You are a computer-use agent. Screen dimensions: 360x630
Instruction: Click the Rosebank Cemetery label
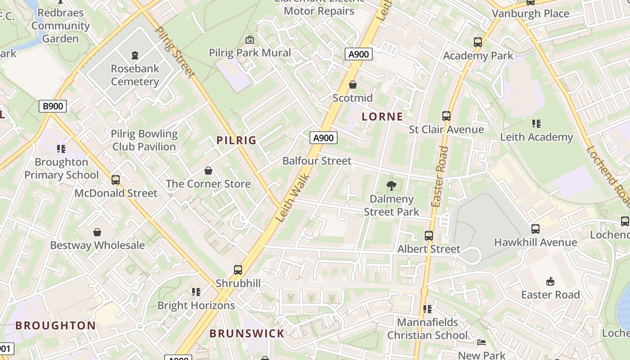pos(135,75)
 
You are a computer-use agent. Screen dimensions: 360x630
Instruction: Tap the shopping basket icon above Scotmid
pos(353,85)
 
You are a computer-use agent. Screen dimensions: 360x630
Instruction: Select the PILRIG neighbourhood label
pos(236,140)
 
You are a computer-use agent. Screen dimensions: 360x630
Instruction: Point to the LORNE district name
pos(382,117)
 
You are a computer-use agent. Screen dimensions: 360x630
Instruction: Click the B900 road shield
pos(53,107)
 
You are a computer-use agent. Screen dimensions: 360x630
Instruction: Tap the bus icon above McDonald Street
pos(116,180)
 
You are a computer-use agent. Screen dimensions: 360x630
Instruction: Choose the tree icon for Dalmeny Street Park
pos(391,185)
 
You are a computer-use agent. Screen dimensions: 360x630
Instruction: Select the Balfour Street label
pos(317,161)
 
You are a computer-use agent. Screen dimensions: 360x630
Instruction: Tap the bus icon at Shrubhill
pos(238,270)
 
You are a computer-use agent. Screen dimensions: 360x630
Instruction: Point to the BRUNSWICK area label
pos(247,333)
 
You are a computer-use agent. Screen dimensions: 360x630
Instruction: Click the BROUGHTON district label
pos(55,325)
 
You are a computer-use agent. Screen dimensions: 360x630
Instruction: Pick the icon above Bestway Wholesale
pos(97,232)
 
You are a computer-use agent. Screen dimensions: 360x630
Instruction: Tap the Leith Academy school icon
pos(536,123)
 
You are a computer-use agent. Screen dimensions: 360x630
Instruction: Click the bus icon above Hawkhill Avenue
pos(535,229)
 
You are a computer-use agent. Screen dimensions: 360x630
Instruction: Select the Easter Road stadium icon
pos(550,282)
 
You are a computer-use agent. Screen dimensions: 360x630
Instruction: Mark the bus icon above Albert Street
pos(429,235)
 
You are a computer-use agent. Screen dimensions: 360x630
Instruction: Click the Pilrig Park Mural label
pos(250,53)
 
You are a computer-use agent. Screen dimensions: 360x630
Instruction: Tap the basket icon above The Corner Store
pos(208,171)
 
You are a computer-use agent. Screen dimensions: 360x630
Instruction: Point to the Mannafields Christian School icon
pos(427,309)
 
